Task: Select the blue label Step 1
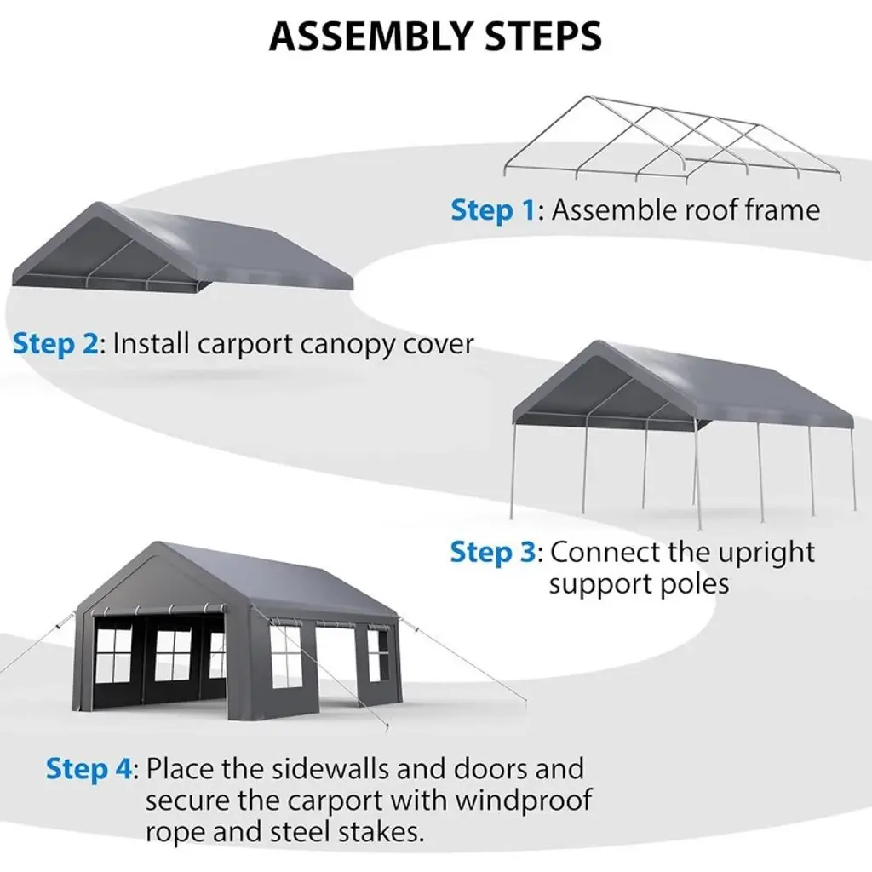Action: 494,209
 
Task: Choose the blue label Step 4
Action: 89,769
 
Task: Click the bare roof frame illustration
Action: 673,141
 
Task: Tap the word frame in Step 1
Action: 777,209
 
